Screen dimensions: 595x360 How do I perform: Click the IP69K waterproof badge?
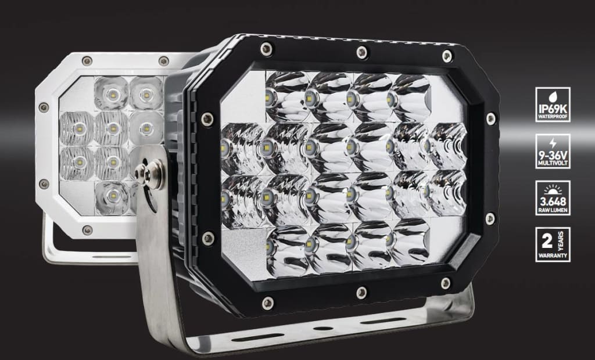[x=553, y=105]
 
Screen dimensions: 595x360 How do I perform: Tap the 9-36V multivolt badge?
[x=553, y=151]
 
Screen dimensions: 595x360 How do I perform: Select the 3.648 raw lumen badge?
[x=553, y=197]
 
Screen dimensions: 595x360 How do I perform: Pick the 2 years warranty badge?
[x=553, y=244]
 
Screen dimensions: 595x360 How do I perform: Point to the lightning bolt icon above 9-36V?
[x=553, y=143]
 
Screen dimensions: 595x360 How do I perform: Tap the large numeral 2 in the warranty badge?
[x=547, y=241]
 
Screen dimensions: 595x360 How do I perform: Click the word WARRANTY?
[x=553, y=255]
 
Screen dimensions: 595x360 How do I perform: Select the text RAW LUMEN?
[x=553, y=210]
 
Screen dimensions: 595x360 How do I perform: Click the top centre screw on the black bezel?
[x=362, y=52]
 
